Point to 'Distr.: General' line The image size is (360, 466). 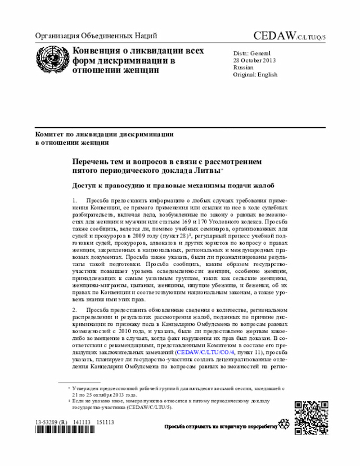[253, 52]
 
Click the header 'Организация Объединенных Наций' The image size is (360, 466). [96, 36]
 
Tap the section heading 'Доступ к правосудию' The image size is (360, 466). [112, 186]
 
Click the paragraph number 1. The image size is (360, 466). [74, 200]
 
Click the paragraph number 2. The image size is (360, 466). [74, 310]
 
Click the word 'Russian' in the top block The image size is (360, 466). [244, 67]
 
